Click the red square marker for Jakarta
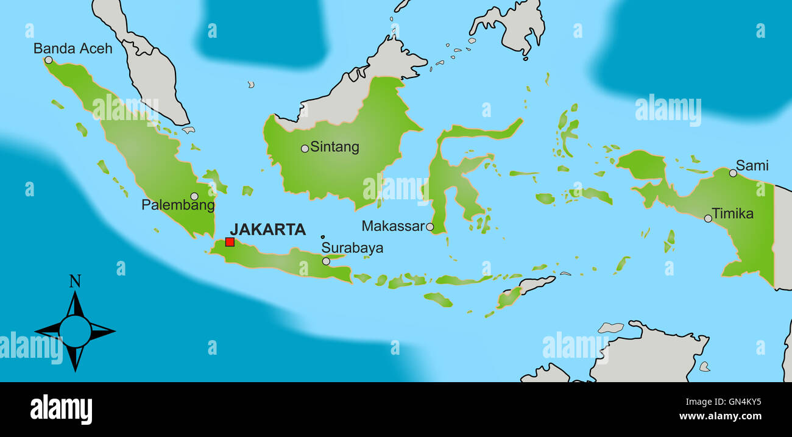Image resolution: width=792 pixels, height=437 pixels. point(230,242)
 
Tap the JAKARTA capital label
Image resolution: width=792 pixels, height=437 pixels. point(267,229)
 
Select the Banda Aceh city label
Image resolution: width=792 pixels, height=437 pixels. point(72,48)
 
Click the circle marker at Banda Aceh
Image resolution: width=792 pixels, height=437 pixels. point(49,60)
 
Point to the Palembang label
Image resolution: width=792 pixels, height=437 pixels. point(178,205)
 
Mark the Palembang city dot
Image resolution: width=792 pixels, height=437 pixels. point(194,196)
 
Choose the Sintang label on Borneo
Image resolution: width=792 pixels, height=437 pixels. point(334,147)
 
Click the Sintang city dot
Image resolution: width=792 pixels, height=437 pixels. point(305,148)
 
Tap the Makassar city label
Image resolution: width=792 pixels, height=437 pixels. point(392,226)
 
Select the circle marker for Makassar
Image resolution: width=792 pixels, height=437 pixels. point(430,227)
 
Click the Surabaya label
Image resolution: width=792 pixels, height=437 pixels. point(352,248)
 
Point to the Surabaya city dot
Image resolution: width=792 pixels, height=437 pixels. point(326,261)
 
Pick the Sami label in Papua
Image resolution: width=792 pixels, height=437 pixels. point(752,165)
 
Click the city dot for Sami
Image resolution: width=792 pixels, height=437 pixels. point(733,173)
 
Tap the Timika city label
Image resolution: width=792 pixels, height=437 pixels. point(733,214)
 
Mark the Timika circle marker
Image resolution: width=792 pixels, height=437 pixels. point(708,218)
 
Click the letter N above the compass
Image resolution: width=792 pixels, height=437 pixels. point(75,281)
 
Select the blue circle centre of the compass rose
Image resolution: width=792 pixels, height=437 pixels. point(75,331)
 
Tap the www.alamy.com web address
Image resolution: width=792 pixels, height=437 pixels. point(720,417)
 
